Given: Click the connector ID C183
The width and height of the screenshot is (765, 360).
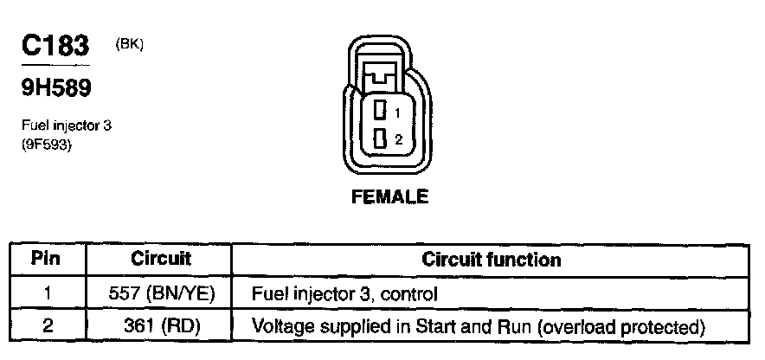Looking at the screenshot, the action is [x=55, y=47].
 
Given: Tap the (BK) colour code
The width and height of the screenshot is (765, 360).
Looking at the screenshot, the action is [x=128, y=46].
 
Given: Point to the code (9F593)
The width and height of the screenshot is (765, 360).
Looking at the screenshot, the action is [x=47, y=145].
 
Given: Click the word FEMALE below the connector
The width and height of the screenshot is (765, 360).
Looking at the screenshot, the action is [x=389, y=197].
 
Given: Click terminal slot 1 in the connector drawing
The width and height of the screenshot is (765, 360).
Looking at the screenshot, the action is [x=380, y=110].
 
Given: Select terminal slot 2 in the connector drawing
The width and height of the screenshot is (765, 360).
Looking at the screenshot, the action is [x=380, y=138].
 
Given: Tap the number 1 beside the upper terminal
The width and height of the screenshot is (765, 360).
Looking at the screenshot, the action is [x=396, y=113].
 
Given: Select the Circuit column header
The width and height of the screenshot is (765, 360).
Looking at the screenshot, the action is [x=160, y=259].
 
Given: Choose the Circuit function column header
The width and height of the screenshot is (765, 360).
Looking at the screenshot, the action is [x=491, y=259].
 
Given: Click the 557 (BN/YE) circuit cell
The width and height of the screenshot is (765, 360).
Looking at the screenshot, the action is [x=160, y=293].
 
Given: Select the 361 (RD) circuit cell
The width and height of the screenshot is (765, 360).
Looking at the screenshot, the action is [x=160, y=327].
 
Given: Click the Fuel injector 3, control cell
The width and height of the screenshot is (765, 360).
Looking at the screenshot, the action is [x=344, y=293].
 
